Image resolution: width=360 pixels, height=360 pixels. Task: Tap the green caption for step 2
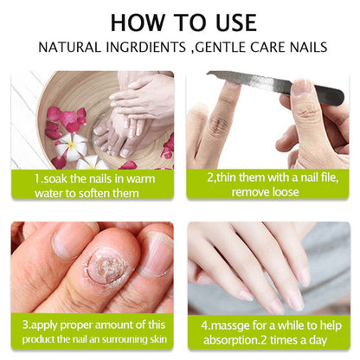click(x=268, y=184)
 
